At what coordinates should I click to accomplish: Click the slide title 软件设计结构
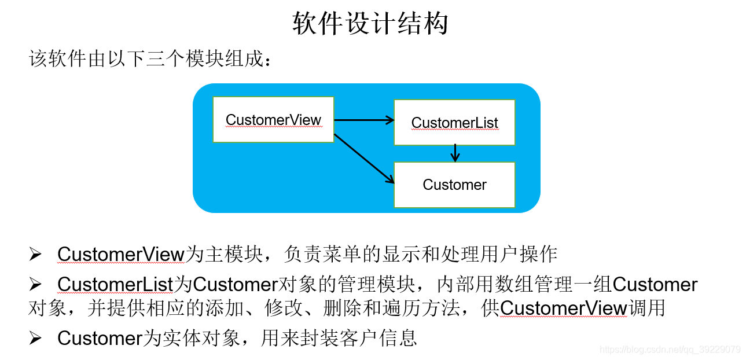point(370,24)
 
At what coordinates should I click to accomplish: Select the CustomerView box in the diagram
point(273,120)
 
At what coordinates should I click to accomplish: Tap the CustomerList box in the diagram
point(454,123)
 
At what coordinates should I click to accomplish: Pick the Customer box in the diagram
point(454,185)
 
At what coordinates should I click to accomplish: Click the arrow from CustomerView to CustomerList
point(363,120)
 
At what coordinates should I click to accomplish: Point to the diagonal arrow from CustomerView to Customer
point(363,158)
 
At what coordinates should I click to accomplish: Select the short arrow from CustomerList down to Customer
point(455,153)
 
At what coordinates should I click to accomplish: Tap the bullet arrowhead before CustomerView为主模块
point(36,254)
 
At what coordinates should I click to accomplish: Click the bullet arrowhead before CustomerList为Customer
point(36,284)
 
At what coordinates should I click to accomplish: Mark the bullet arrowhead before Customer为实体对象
point(36,338)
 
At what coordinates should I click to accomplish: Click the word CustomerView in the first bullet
point(120,254)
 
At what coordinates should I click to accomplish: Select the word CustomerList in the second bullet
point(115,284)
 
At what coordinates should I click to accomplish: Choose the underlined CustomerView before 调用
point(564,308)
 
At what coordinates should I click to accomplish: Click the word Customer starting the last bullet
point(100,338)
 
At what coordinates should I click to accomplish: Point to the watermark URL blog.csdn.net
point(670,350)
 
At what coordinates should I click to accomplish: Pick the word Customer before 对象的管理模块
point(236,284)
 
